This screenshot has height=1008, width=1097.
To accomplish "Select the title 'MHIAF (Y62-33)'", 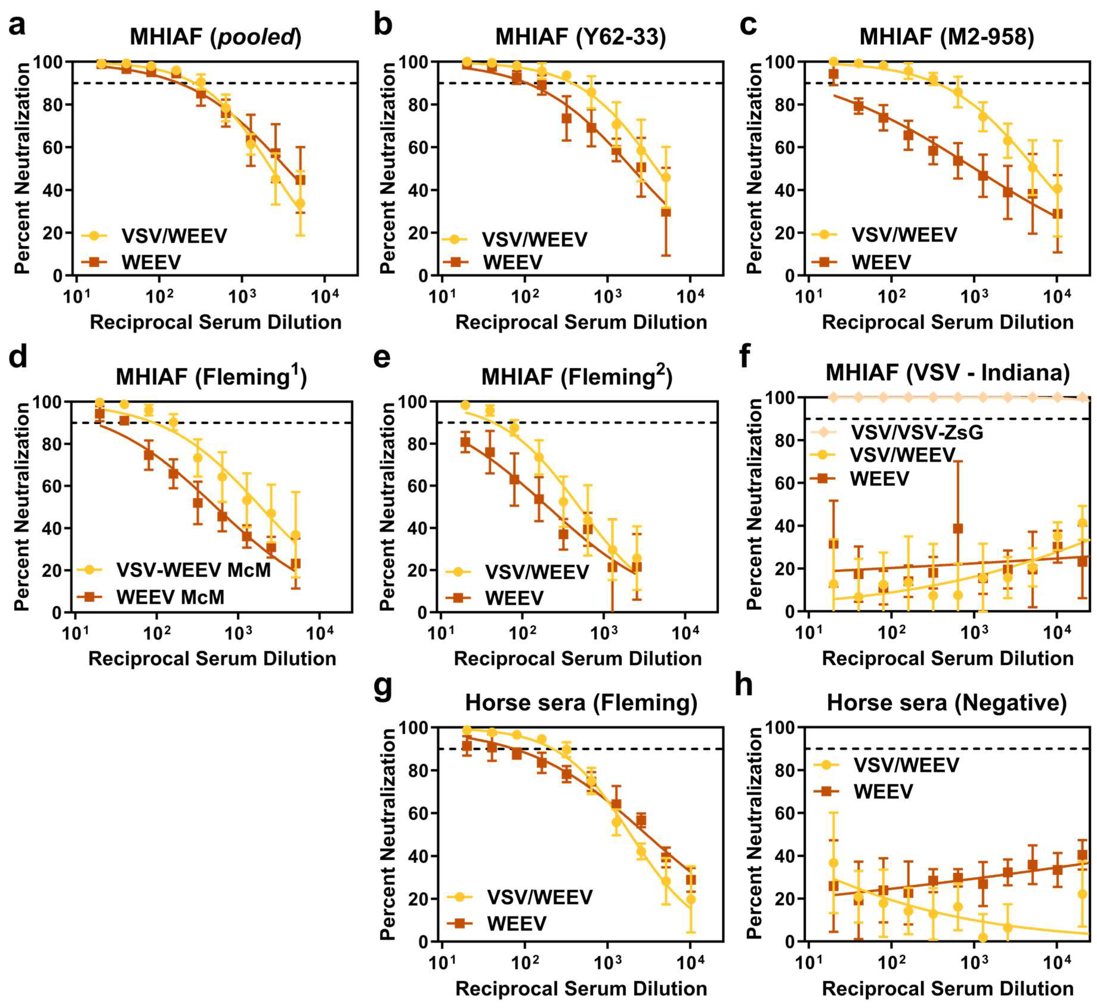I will (581, 37).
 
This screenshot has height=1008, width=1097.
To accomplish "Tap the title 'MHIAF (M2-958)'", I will (947, 37).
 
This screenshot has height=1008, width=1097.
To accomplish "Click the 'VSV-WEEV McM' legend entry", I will (193, 570).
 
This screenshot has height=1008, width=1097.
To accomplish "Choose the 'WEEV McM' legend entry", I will (170, 597).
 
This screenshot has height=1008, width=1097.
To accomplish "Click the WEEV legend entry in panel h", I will (883, 791).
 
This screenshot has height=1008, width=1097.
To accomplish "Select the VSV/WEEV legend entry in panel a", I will (174, 236).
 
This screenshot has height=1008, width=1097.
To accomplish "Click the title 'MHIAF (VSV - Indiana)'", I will (947, 373).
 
